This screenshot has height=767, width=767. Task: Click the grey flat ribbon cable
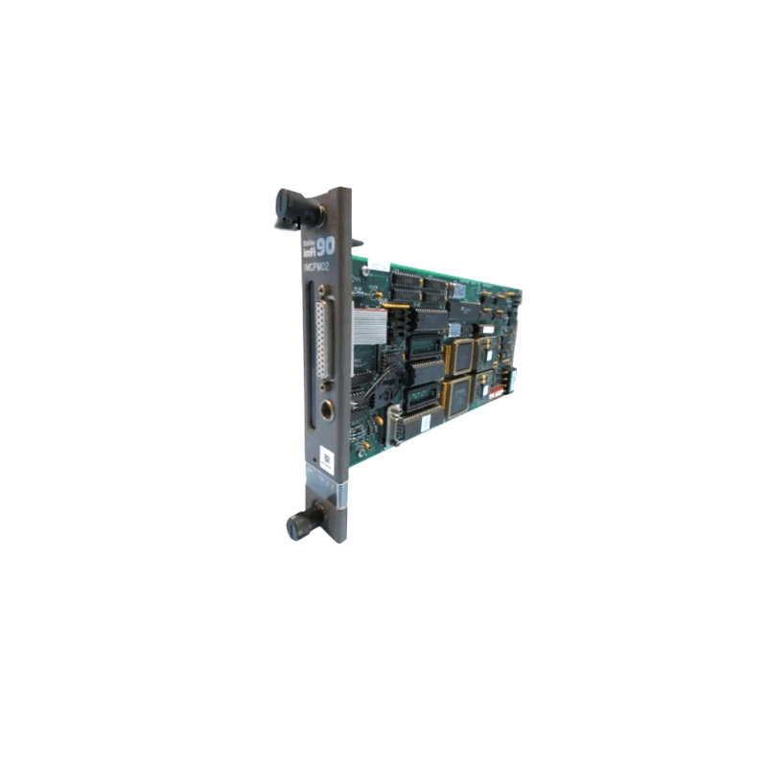369,323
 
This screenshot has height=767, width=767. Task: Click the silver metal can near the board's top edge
458,290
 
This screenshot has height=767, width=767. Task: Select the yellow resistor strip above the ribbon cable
394,307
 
